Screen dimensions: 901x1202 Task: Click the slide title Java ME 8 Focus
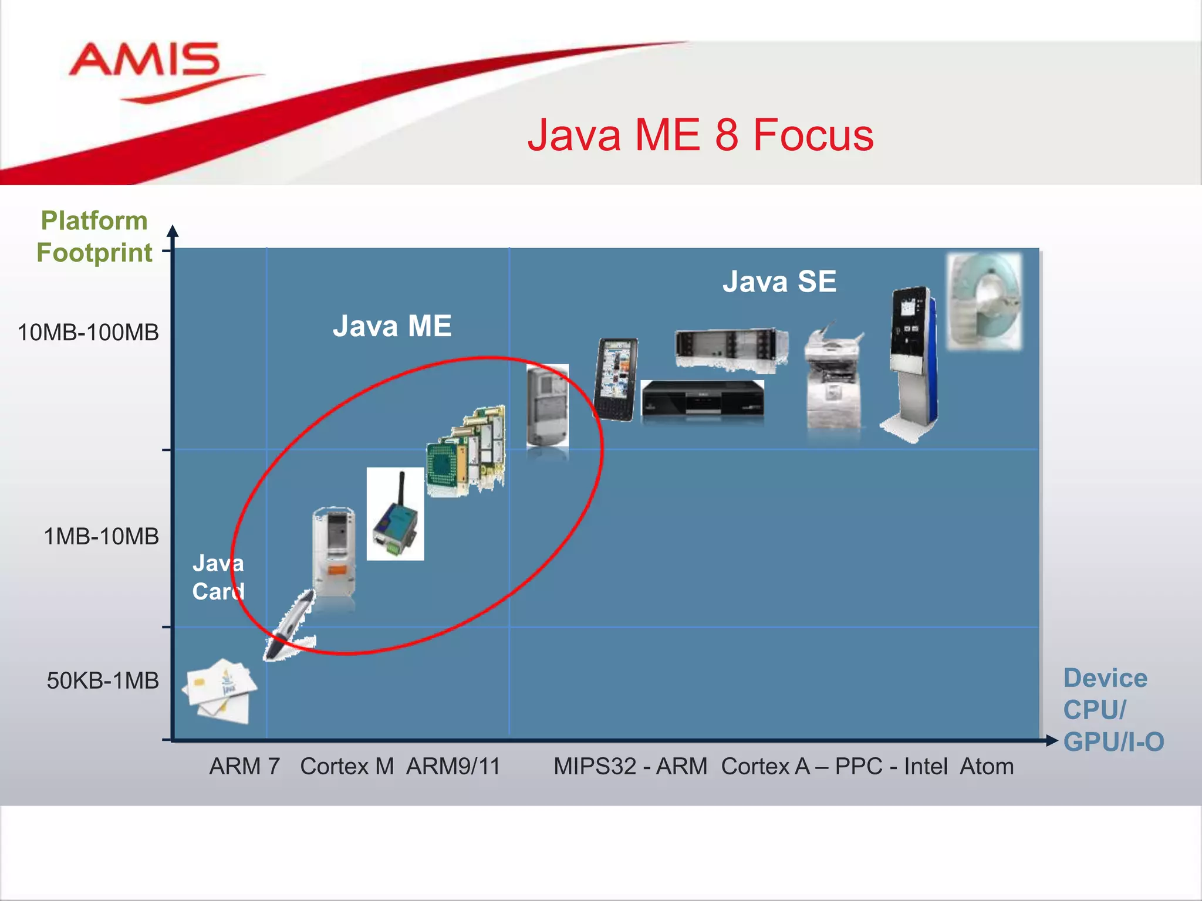tap(700, 136)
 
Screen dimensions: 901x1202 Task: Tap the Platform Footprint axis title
tap(94, 237)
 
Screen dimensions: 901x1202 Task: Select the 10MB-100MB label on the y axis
tap(89, 333)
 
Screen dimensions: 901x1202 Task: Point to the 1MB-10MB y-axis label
tap(102, 536)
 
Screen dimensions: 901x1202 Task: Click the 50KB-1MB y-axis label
tap(103, 680)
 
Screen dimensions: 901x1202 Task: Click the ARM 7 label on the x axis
tap(244, 767)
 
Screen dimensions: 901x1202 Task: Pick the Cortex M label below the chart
tap(347, 767)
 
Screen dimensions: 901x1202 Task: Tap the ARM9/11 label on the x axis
tap(453, 767)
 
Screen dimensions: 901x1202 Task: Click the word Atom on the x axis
tap(987, 767)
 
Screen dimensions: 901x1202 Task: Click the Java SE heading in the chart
tap(779, 282)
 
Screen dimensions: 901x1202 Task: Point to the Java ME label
tap(392, 326)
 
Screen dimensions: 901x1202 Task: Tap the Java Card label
tap(218, 577)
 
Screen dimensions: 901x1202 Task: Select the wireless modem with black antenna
tap(395, 514)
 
